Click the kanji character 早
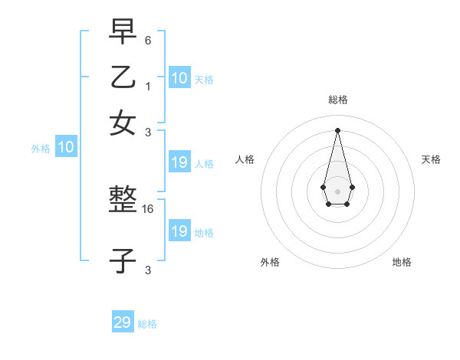click(x=123, y=33)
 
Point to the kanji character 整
click(x=123, y=201)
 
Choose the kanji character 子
click(x=123, y=260)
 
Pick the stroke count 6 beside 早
click(x=149, y=40)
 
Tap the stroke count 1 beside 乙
click(x=149, y=86)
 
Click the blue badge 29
click(x=123, y=322)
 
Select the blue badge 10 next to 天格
click(x=179, y=77)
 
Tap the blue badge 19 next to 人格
click(x=179, y=162)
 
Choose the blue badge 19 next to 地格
click(x=179, y=231)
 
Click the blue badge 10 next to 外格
click(x=66, y=148)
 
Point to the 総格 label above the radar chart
click(x=337, y=100)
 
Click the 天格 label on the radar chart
click(x=432, y=159)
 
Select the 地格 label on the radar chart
click(x=402, y=262)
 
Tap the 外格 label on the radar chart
click(x=270, y=262)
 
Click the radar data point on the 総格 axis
click(x=337, y=129)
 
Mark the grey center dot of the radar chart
click(x=337, y=191)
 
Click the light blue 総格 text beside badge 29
click(x=147, y=324)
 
